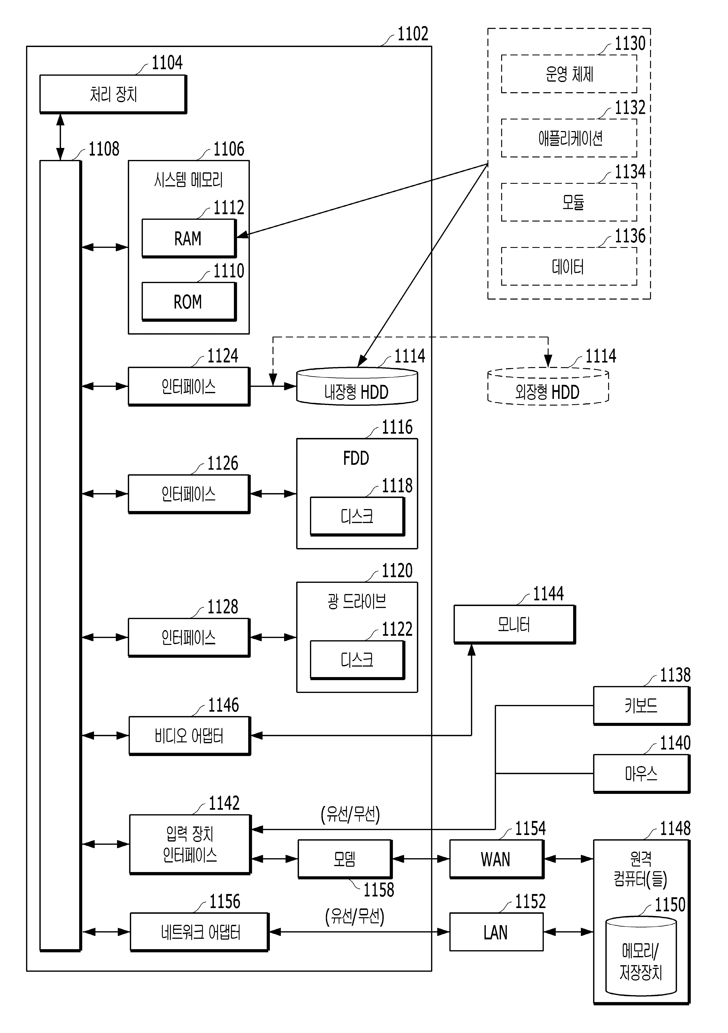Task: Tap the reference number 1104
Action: point(167,62)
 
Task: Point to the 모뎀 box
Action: point(345,859)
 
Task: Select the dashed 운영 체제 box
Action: point(569,74)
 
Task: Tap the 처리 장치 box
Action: point(113,94)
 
